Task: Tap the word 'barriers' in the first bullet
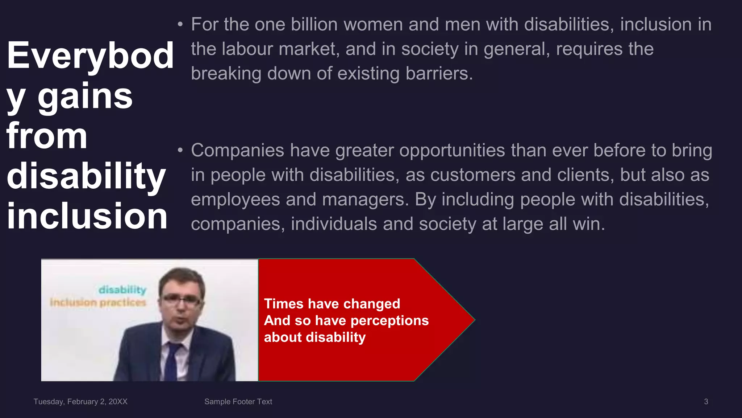[x=439, y=74]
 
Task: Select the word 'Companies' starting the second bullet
[x=237, y=151]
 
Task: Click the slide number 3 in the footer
[x=706, y=402]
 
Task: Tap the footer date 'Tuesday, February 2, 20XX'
[x=80, y=402]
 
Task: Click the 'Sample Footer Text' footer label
[x=238, y=402]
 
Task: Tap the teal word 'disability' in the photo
[x=122, y=290]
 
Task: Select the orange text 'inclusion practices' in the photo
[x=98, y=302]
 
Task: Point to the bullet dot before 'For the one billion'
[x=180, y=25]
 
